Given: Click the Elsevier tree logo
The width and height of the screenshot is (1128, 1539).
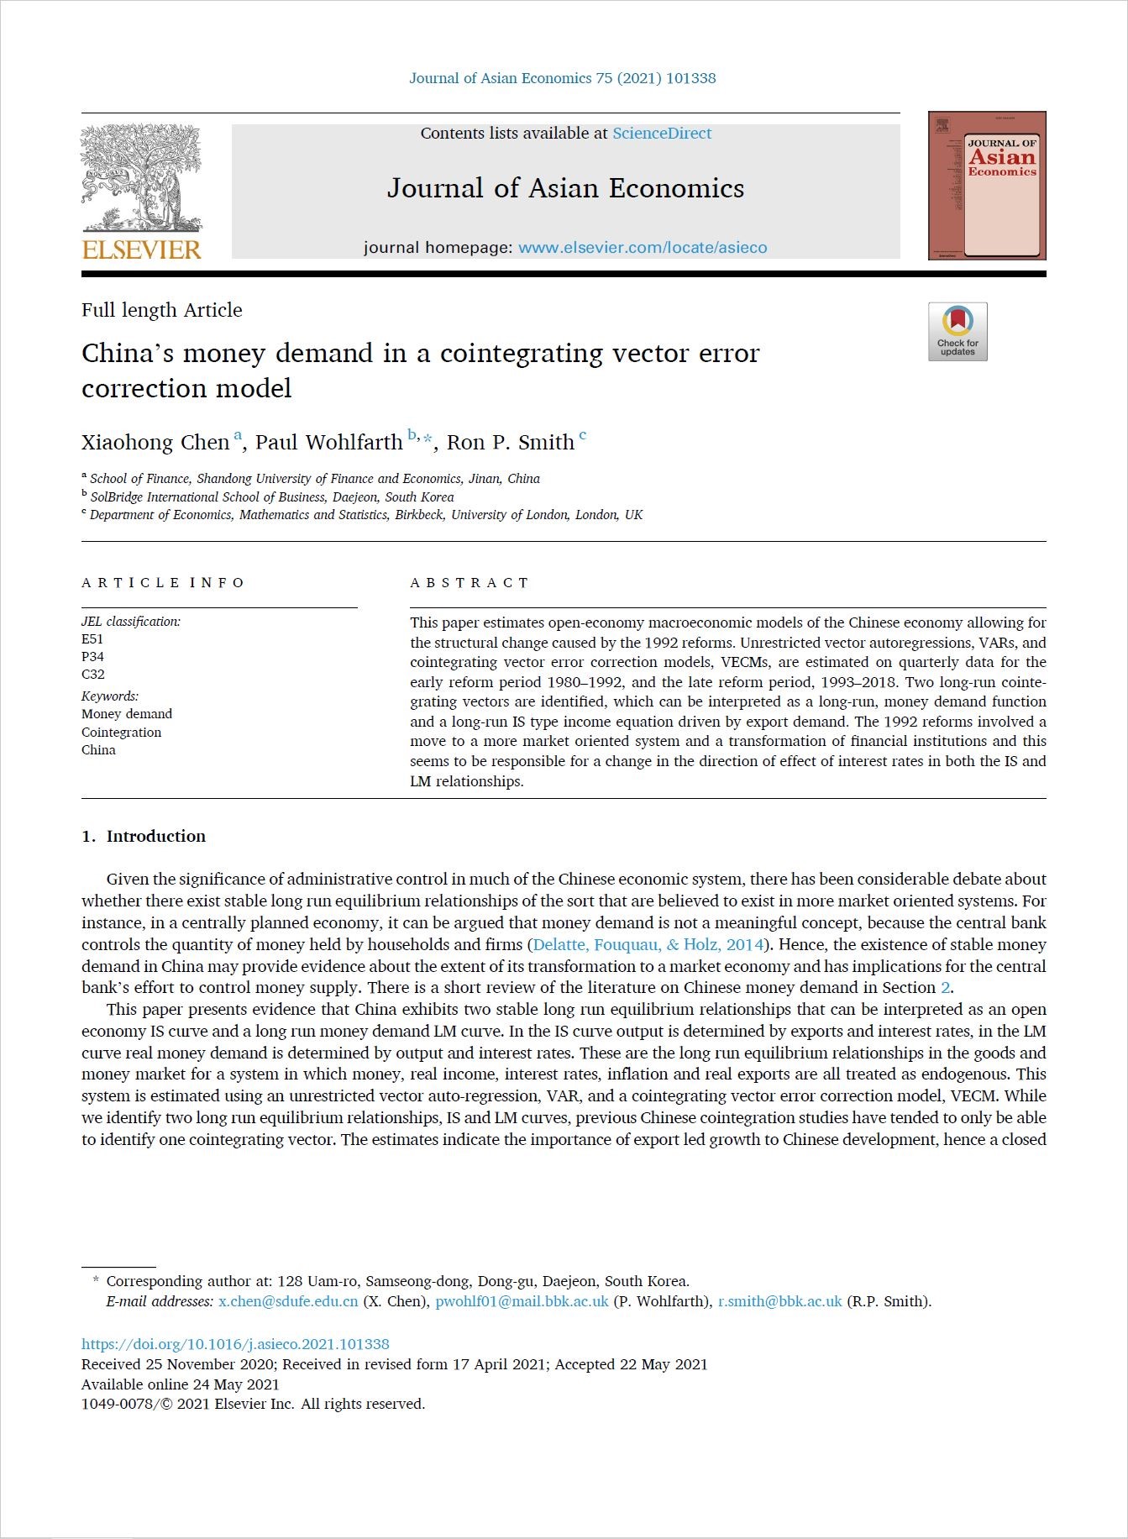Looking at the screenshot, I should [141, 178].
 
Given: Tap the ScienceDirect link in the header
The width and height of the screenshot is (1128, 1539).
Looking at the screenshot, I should [662, 134].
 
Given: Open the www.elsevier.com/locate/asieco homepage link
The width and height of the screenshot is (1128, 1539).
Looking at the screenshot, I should [643, 248].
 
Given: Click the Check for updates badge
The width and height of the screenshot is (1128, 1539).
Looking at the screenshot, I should [957, 332].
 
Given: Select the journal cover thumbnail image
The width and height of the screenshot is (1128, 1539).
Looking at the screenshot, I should [987, 186].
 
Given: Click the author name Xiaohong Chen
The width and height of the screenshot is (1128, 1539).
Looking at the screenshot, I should [155, 443].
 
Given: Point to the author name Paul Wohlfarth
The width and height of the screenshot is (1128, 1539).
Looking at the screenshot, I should [328, 443].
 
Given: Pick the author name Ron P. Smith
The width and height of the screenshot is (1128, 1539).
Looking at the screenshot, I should [511, 443].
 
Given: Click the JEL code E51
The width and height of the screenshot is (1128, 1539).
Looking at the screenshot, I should [92, 639].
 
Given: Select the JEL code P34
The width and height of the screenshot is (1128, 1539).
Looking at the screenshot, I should [92, 657].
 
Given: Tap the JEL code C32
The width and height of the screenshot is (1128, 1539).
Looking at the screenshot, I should [93, 675].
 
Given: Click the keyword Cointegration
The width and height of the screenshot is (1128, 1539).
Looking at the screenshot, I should [122, 733].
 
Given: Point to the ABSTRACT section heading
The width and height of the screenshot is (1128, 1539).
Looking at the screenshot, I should [470, 583].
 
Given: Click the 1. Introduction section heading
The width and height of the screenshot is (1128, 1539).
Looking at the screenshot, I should [144, 837].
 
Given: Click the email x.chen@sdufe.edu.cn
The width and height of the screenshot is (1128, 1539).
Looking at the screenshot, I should [288, 1301].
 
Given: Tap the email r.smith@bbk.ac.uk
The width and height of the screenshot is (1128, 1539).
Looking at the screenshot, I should [779, 1301].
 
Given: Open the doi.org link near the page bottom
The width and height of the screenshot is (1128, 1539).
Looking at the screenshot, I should [235, 1344].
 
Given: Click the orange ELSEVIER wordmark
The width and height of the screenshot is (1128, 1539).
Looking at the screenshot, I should [142, 249].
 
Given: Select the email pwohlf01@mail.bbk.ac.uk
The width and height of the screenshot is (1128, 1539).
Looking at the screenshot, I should [522, 1301].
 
